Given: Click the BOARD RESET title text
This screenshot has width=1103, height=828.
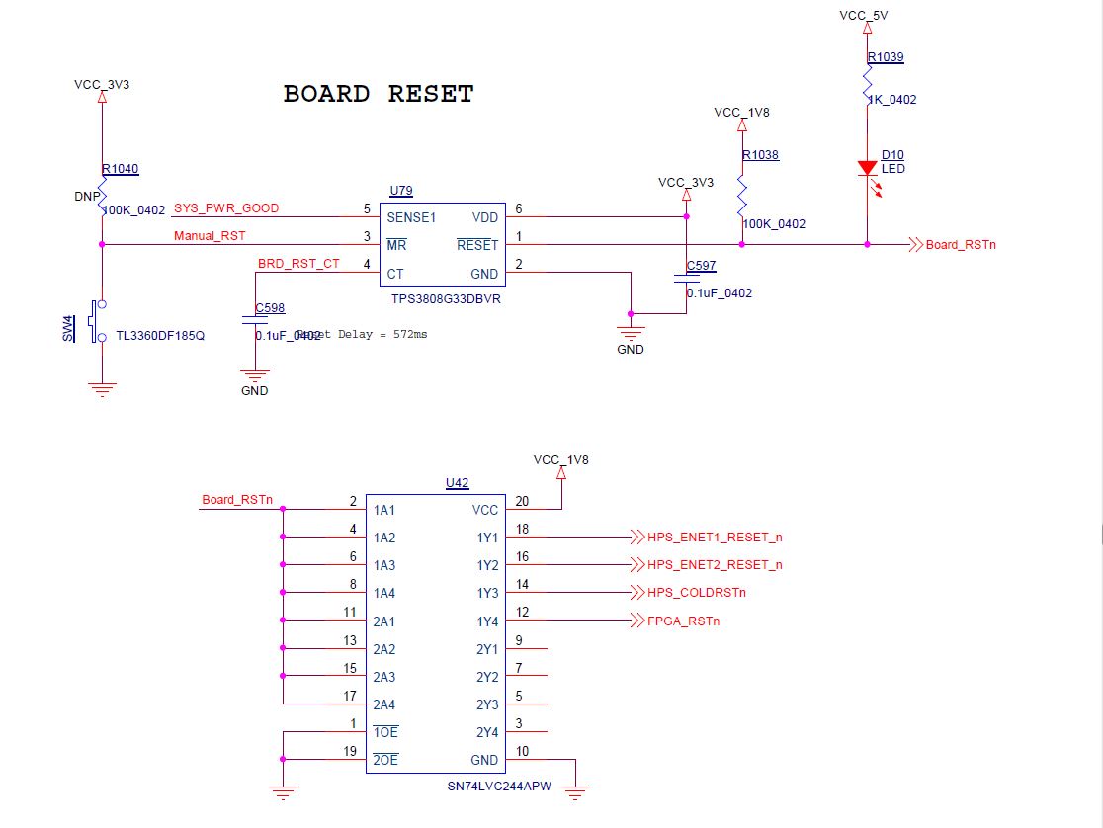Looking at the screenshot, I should click(379, 94).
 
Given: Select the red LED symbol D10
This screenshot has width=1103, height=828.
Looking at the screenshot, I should click(867, 169).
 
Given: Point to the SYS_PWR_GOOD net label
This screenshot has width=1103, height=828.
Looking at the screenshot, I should click(226, 208).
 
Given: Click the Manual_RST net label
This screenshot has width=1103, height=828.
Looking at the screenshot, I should click(210, 236).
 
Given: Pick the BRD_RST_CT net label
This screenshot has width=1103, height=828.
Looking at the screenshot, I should click(298, 264).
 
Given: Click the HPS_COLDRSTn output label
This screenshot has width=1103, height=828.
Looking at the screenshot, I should click(697, 593).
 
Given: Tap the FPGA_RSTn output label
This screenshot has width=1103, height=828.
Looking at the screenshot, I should click(684, 621).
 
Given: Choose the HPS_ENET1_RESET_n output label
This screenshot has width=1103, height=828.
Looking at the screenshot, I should click(715, 538).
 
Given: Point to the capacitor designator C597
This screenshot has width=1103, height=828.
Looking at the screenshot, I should click(701, 267).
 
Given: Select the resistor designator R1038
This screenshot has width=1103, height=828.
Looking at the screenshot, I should click(760, 155).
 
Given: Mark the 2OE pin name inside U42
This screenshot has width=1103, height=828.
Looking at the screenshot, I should click(385, 760).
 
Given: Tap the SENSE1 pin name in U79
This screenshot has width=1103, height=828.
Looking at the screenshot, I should click(411, 217).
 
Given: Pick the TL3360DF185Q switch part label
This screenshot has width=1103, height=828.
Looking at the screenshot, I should click(160, 335).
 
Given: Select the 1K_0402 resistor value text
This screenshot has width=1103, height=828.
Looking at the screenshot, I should click(891, 100).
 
